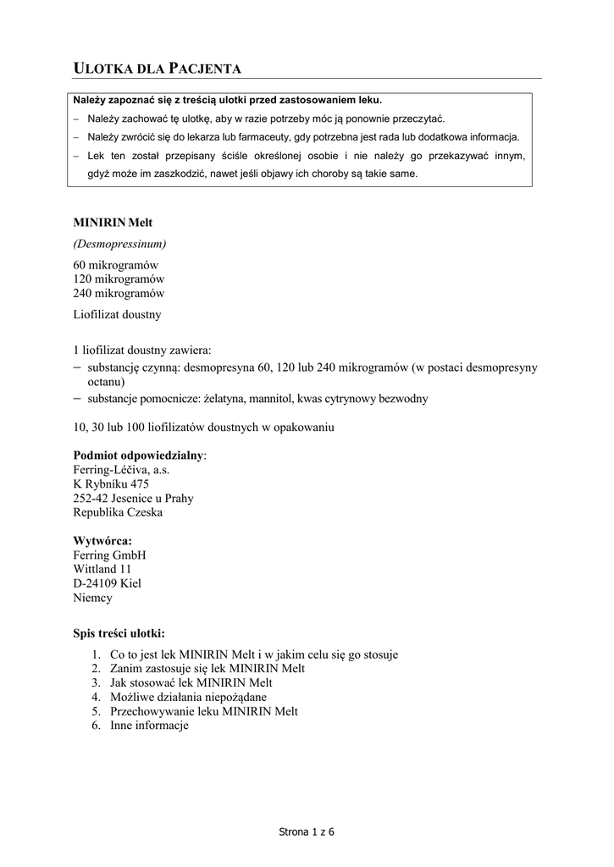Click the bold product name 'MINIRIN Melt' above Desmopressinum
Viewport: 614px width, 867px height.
113,223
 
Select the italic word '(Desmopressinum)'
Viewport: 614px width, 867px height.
119,244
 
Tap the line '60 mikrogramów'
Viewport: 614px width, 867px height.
116,265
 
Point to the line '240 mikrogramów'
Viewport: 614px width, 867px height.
119,294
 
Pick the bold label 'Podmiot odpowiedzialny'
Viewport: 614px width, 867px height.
139,456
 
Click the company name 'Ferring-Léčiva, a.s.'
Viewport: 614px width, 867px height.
122,470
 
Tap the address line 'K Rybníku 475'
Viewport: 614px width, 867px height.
111,484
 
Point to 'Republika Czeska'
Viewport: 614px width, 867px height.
119,512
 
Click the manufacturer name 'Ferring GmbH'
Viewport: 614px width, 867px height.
110,555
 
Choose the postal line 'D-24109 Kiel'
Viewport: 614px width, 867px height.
108,583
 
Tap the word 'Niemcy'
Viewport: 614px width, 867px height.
93,598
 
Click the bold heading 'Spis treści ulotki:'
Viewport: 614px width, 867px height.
119,632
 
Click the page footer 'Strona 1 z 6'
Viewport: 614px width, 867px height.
307,832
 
